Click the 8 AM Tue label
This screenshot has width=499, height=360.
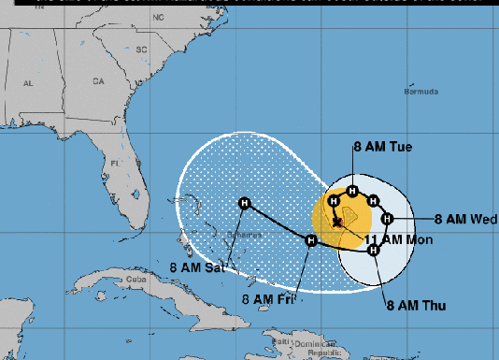pyautogui.click(x=382, y=147)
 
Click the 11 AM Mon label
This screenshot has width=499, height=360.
pyautogui.click(x=396, y=239)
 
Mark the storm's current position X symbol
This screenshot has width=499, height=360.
pyautogui.click(x=335, y=222)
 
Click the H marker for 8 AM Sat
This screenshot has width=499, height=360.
pyautogui.click(x=245, y=203)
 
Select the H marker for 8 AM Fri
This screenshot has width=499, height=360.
pyautogui.click(x=311, y=241)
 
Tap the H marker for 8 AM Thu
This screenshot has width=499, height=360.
pyautogui.click(x=372, y=248)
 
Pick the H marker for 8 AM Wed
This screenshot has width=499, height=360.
pyautogui.click(x=386, y=219)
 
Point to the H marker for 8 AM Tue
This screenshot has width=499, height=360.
pyautogui.click(x=351, y=192)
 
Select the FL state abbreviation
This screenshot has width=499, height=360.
pyautogui.click(x=116, y=163)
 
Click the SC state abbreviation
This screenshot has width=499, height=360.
pyautogui.click(x=142, y=49)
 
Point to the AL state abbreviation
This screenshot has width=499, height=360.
pyautogui.click(x=29, y=83)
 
